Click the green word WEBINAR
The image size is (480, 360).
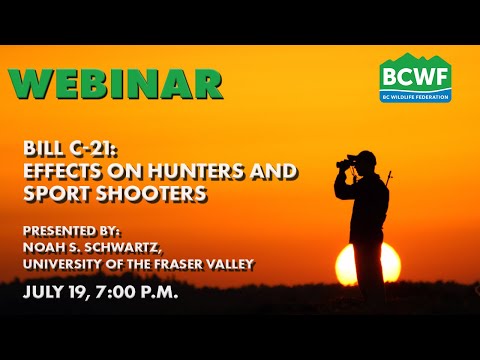click(115, 84)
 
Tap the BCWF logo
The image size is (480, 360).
click(415, 77)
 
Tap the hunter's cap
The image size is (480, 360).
click(367, 157)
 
